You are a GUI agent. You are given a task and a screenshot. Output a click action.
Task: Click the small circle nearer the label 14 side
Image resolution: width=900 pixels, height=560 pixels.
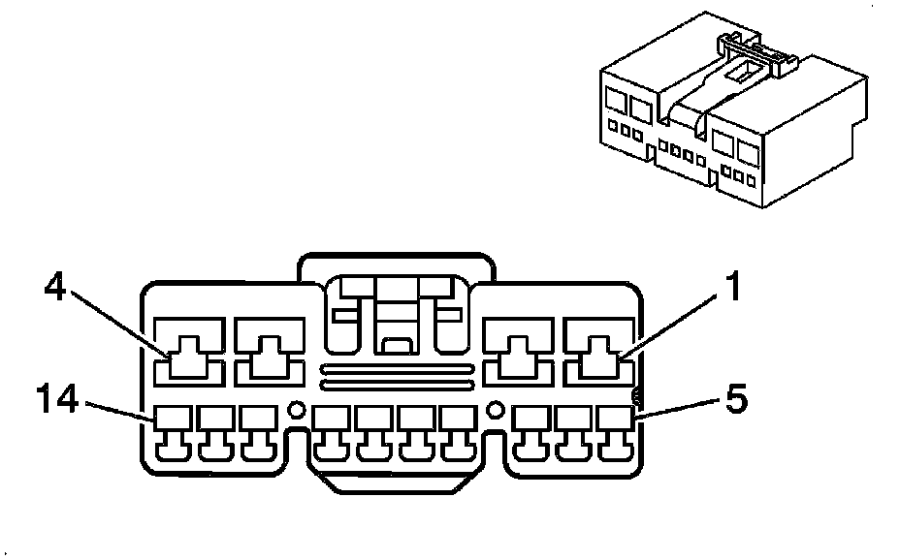(x=298, y=411)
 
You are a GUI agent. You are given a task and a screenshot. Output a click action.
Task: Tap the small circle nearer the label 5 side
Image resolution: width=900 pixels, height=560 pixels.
(x=495, y=411)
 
